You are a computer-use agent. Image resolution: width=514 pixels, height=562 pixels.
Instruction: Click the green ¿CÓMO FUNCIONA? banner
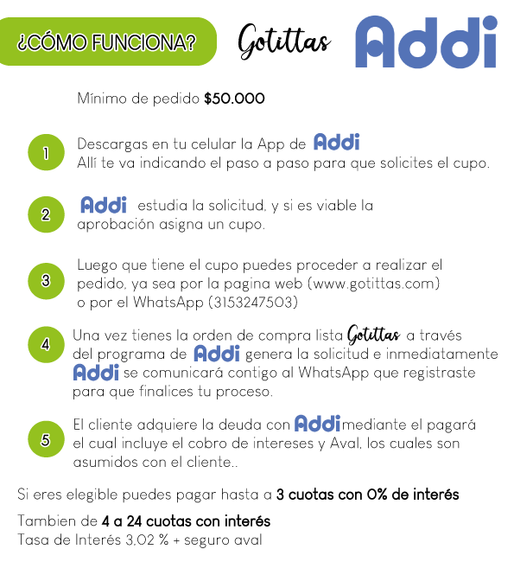[x=107, y=42]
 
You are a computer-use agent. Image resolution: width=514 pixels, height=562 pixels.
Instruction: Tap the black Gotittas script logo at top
[x=284, y=42]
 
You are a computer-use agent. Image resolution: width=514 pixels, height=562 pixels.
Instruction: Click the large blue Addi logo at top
[x=426, y=42]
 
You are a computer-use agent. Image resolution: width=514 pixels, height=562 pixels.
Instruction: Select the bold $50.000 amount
[x=234, y=99]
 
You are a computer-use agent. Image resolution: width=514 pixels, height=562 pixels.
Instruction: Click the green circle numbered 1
[x=46, y=152]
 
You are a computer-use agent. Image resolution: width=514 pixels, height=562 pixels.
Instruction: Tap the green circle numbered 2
[x=46, y=214]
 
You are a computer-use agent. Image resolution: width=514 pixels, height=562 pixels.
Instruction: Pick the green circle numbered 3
[x=46, y=281]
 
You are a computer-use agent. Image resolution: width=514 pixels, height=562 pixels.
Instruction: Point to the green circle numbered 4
[x=46, y=344]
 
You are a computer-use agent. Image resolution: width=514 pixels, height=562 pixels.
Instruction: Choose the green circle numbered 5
[x=46, y=439]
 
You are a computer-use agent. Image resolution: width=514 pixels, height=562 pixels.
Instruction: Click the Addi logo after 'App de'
[x=337, y=142]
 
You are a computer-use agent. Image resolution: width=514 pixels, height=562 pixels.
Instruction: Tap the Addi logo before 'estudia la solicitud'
[x=104, y=205]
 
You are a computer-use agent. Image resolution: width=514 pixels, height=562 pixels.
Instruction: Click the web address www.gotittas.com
[x=374, y=284]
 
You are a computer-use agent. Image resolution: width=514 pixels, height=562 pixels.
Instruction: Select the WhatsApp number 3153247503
[x=253, y=302]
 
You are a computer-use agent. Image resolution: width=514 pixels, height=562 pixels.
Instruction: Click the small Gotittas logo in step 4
[x=373, y=335]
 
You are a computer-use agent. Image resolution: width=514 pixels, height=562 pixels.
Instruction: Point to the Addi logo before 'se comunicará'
[x=96, y=372]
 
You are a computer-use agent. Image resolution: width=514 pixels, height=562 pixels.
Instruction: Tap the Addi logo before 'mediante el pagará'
[x=317, y=424]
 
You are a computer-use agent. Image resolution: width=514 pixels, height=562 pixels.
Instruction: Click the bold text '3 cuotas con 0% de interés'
[x=367, y=495]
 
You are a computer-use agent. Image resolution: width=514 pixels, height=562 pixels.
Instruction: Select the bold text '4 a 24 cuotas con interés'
[x=186, y=521]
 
